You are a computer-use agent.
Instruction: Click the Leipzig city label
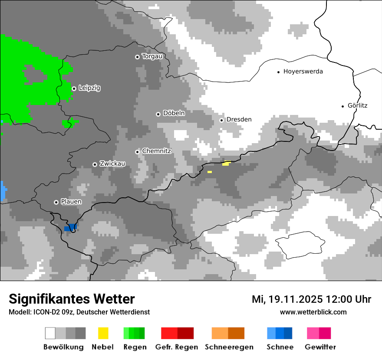pos(89,88)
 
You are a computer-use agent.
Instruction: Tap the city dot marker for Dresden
pos(222,120)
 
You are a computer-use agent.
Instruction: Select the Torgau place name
pos(152,56)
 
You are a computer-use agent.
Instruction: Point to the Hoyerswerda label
pos(303,72)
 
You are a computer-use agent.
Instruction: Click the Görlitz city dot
pos(343,106)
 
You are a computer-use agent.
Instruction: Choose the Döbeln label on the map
pos(174,113)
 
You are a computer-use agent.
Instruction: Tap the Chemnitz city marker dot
pos(138,152)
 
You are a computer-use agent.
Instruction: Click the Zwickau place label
pos(112,164)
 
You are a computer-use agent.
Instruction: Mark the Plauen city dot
pos(56,202)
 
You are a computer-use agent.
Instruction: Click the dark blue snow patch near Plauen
pos(70,228)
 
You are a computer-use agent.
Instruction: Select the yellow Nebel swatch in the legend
pos(103,333)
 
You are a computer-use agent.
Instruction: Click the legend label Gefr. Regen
pos(177,347)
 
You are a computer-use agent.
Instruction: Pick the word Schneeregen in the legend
pos(229,347)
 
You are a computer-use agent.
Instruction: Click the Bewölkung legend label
pos(63,347)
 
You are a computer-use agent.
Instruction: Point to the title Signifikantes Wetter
pos(72,299)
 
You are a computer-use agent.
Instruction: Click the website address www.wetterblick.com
pos(313,312)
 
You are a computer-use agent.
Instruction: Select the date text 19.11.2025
pos(295,299)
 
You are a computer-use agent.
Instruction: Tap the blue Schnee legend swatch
pos(280,333)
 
